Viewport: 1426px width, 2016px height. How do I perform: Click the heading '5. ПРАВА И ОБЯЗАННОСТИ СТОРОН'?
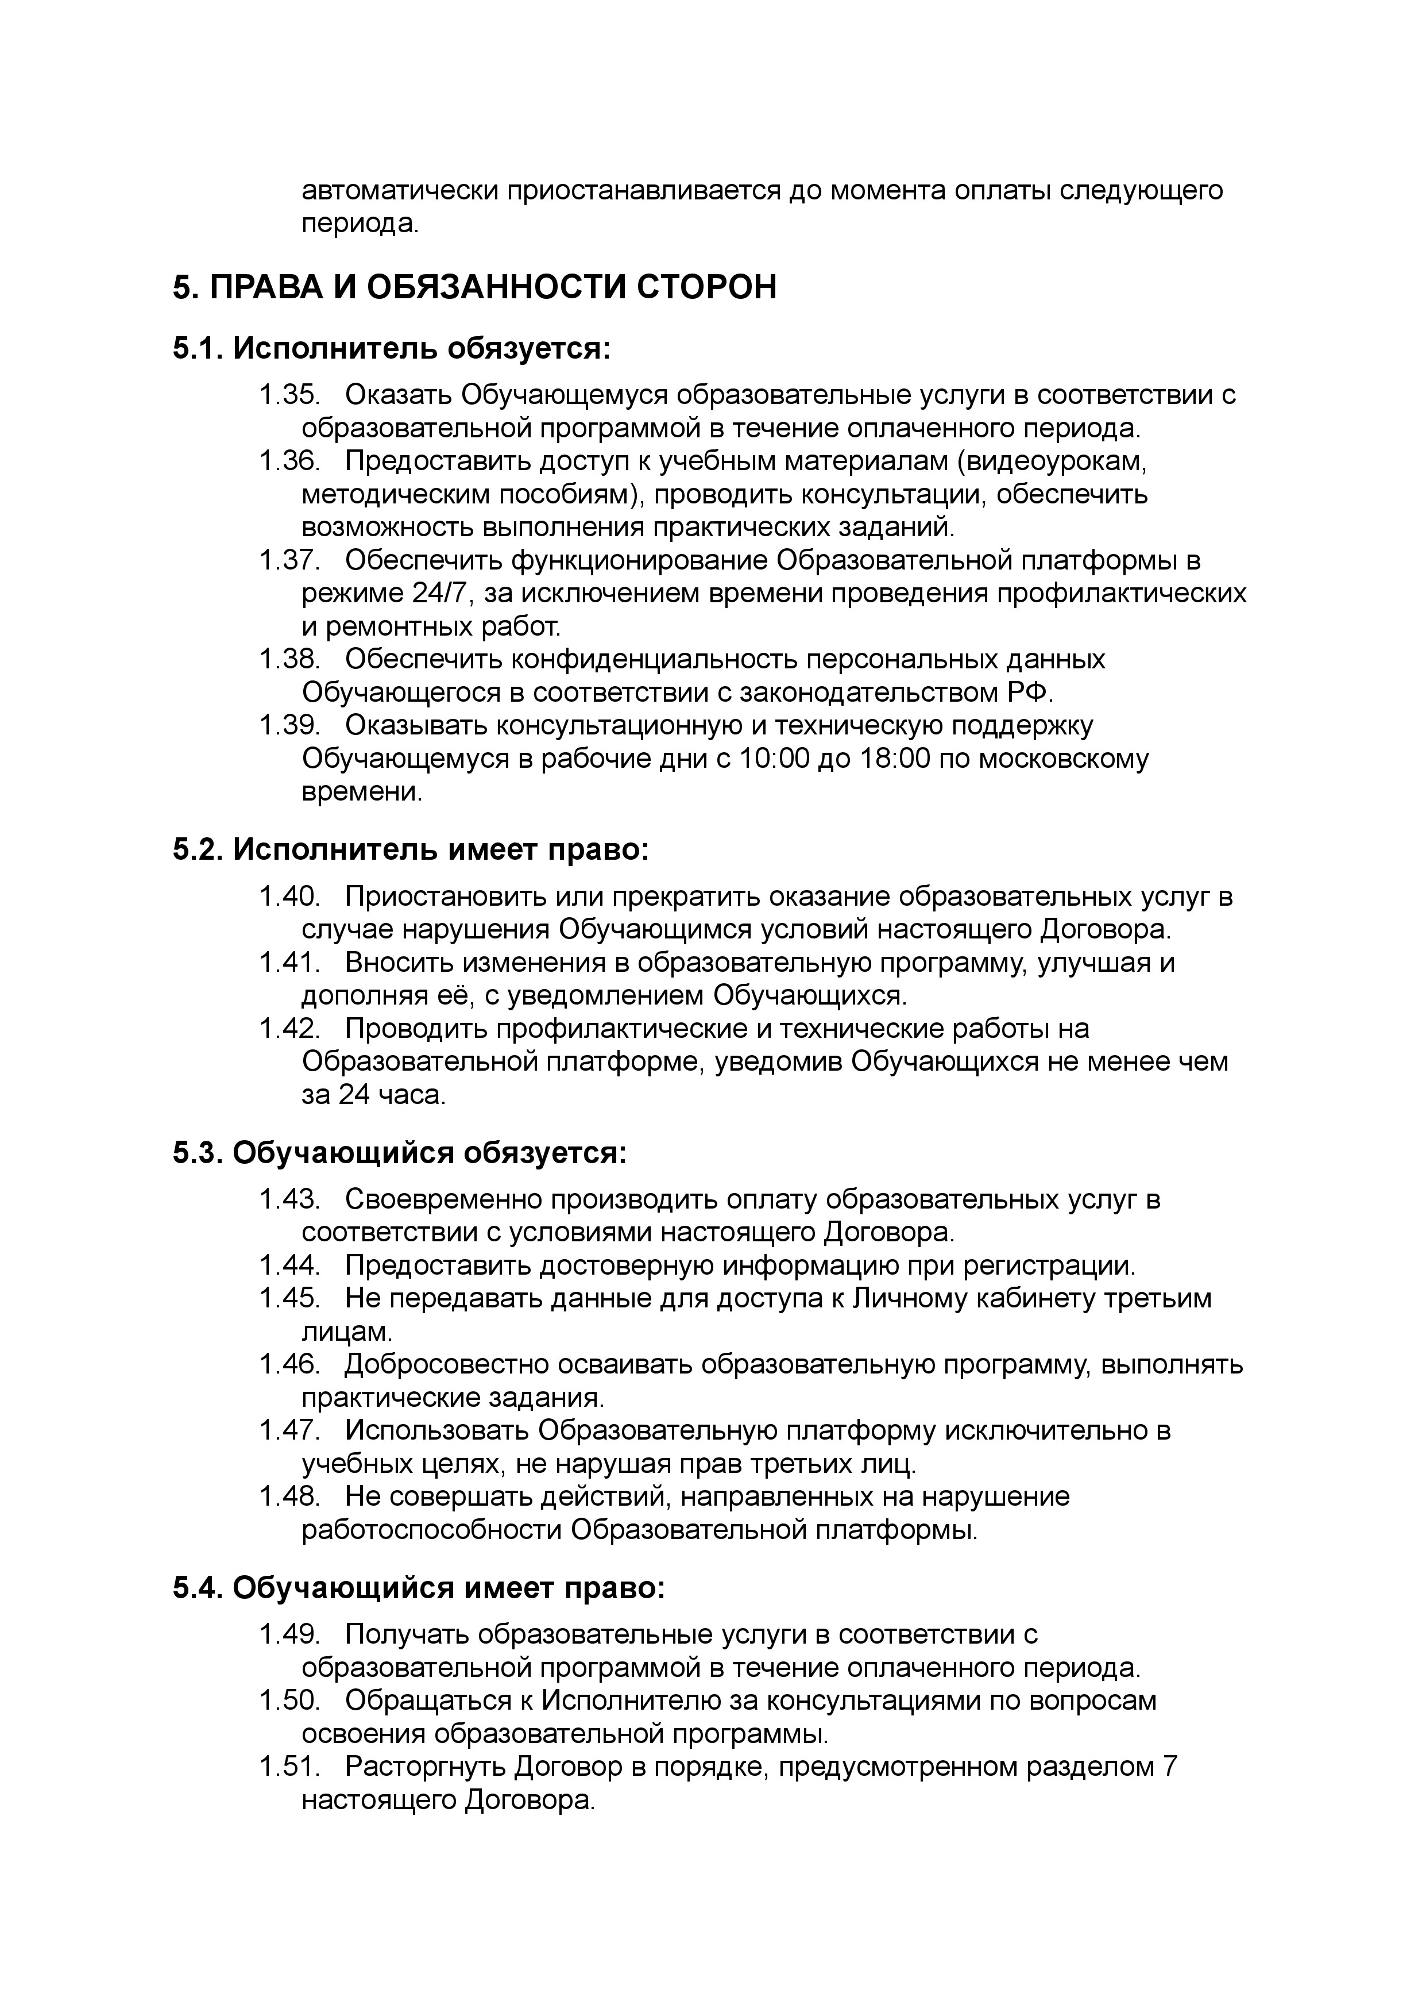point(474,288)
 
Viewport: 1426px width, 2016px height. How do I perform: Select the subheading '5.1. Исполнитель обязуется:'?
point(391,349)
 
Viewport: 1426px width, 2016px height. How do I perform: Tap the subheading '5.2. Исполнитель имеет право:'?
point(410,851)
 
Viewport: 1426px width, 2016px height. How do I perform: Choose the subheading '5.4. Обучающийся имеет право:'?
point(419,1588)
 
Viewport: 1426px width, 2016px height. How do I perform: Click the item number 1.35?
point(289,395)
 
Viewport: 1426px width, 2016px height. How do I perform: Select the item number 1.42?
point(289,1029)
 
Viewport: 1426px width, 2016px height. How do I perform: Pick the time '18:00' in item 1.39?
point(894,759)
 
